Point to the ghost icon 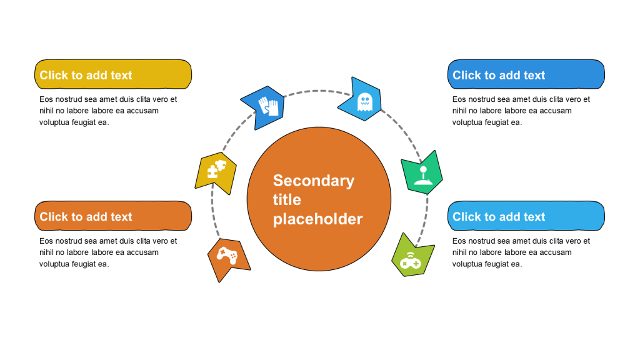click(x=364, y=102)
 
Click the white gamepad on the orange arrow click(x=226, y=255)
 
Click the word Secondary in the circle click(x=313, y=181)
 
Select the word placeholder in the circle click(x=317, y=219)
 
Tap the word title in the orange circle click(x=287, y=200)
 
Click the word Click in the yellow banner click(x=54, y=76)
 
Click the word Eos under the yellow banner click(x=46, y=99)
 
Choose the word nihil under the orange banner click(x=47, y=252)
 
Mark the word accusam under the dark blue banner click(x=556, y=111)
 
